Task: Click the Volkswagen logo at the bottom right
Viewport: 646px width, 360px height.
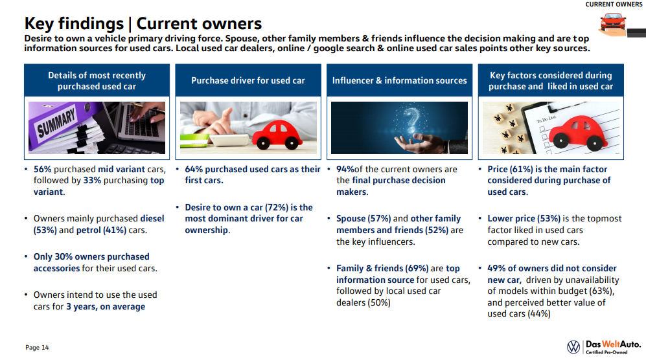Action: pyautogui.click(x=573, y=347)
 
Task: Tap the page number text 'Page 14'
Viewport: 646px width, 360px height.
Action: pyautogui.click(x=37, y=348)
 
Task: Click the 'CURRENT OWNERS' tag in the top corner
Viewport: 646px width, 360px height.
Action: pyautogui.click(x=614, y=4)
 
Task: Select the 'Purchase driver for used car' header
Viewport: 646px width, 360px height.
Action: pyautogui.click(x=248, y=80)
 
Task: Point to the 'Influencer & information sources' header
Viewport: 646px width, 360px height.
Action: pyautogui.click(x=400, y=80)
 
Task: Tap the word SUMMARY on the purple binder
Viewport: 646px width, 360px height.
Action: pyautogui.click(x=56, y=123)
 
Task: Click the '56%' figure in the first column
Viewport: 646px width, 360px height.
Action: pyautogui.click(x=42, y=169)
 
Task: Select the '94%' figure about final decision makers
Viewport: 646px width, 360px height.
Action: pyautogui.click(x=345, y=169)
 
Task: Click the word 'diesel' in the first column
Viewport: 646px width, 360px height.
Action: pyautogui.click(x=152, y=218)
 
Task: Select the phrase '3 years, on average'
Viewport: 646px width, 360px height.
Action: pyautogui.click(x=106, y=307)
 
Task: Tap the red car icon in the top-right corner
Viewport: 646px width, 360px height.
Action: pyautogui.click(x=612, y=22)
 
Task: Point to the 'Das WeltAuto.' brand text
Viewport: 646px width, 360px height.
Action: pyautogui.click(x=613, y=344)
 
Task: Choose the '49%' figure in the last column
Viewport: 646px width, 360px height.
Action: pyautogui.click(x=496, y=269)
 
